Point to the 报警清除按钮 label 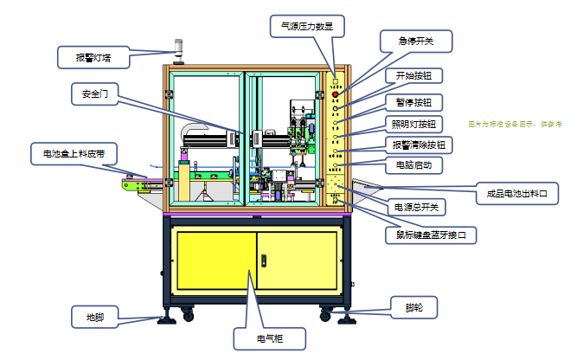419,144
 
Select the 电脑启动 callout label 413,164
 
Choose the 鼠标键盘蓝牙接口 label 430,234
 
